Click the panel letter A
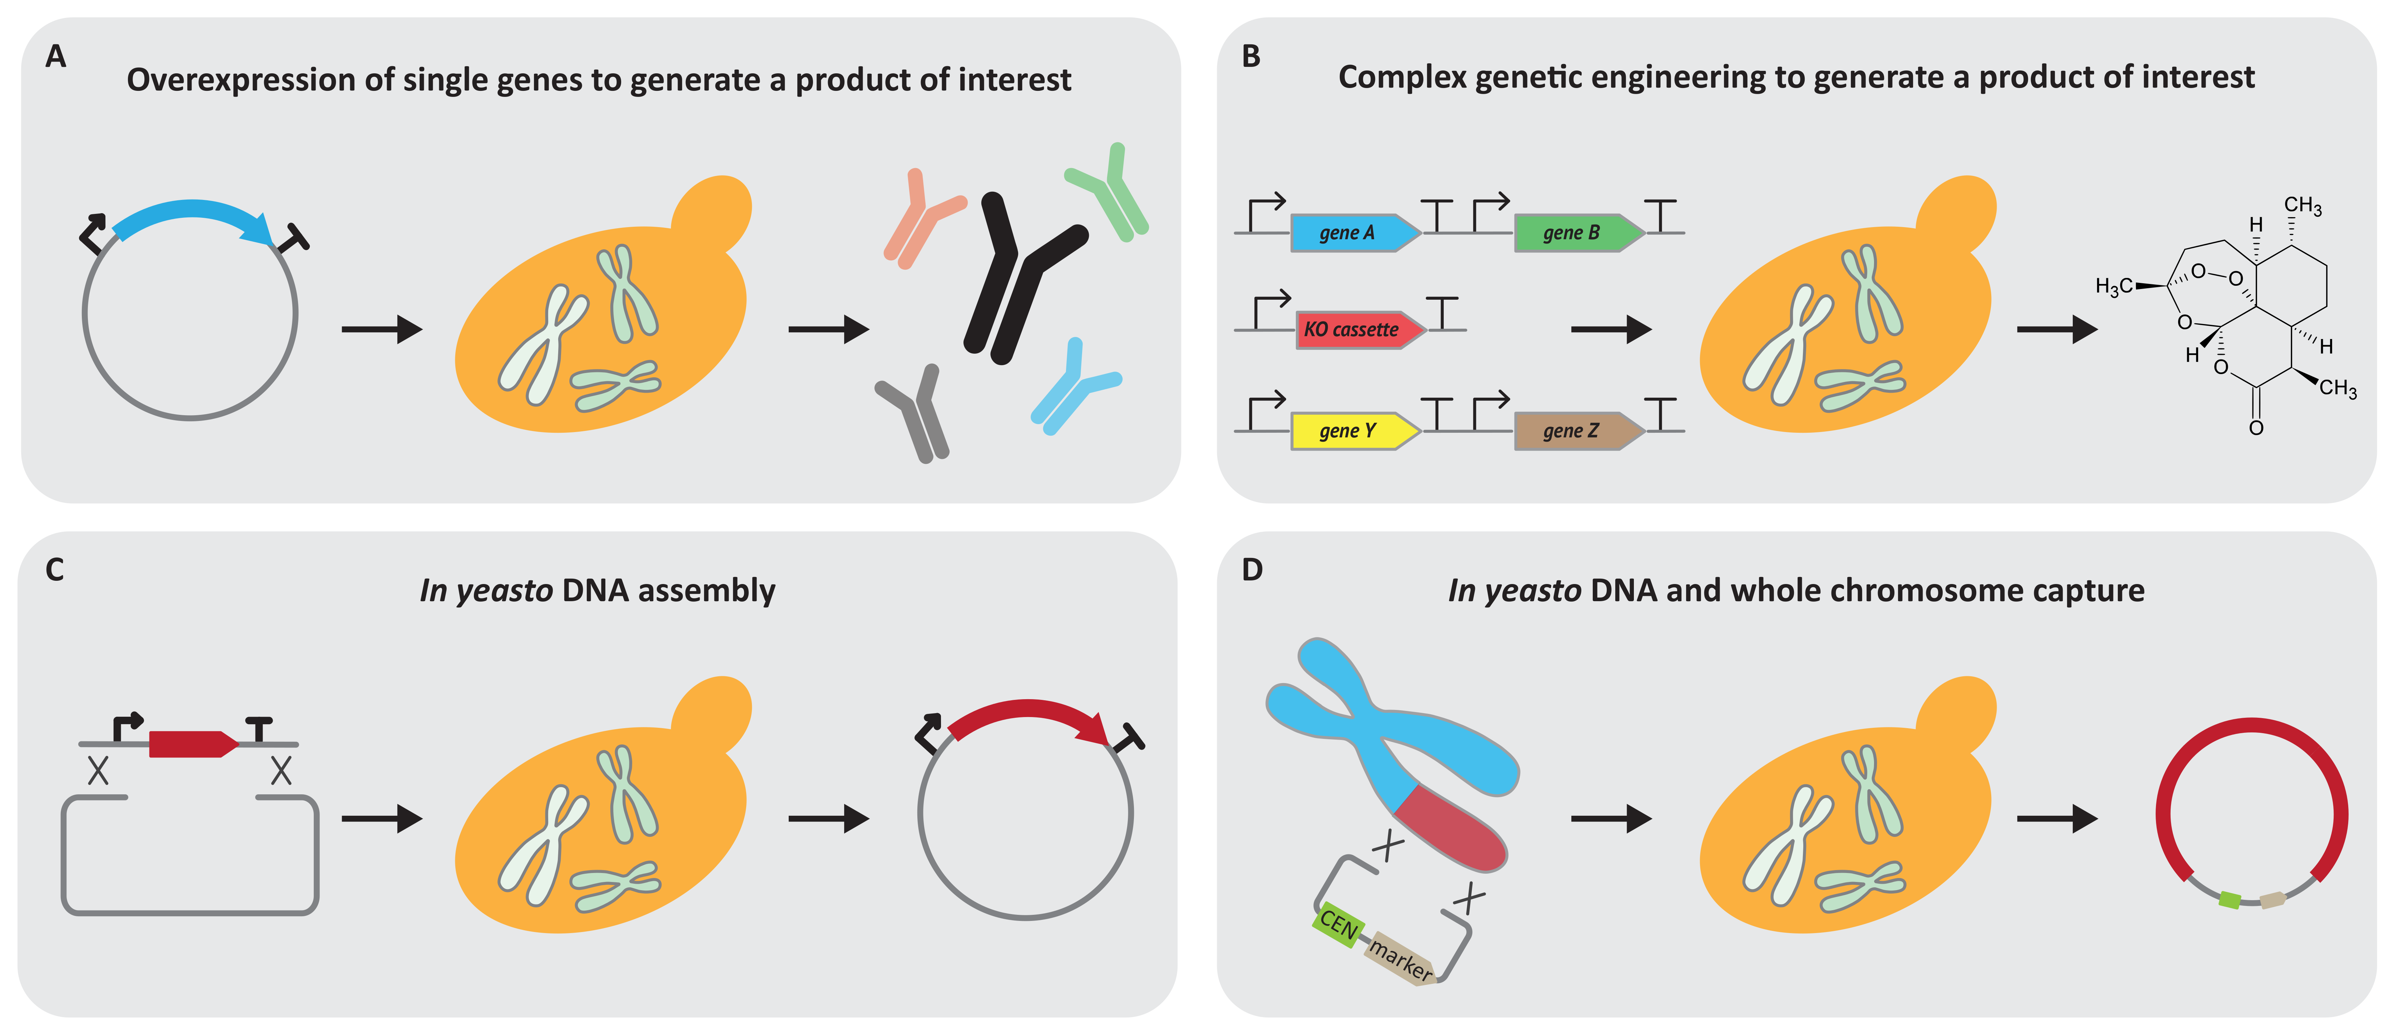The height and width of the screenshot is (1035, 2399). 56,57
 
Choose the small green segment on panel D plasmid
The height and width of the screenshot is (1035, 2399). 2230,900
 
